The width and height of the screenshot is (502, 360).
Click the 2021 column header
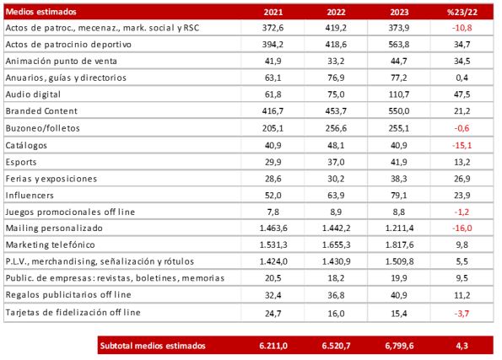[273, 12]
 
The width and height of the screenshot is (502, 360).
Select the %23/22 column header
[462, 12]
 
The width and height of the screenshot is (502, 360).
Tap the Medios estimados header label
[41, 12]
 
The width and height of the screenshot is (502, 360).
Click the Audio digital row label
[33, 94]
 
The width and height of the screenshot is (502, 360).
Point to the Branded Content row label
[41, 111]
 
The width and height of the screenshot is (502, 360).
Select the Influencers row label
[30, 196]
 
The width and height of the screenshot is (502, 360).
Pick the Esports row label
[21, 162]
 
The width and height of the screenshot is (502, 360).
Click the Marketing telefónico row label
[51, 244]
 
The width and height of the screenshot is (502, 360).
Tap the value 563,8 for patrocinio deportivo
[399, 45]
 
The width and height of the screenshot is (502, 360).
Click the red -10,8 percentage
[462, 28]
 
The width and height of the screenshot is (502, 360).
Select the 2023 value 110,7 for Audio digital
[399, 94]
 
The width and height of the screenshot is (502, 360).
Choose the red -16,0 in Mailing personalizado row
[462, 228]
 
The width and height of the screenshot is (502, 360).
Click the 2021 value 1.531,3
[273, 244]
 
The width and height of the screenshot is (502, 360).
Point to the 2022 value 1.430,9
[336, 261]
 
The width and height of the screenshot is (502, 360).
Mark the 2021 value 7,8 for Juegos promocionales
[273, 212]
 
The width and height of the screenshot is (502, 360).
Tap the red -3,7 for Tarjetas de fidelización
[462, 314]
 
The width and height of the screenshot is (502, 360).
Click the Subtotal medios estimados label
[153, 346]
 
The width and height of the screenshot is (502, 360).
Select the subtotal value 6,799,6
[399, 346]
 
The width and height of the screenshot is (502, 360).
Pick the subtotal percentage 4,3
[462, 346]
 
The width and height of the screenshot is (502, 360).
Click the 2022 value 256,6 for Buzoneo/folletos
[336, 128]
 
